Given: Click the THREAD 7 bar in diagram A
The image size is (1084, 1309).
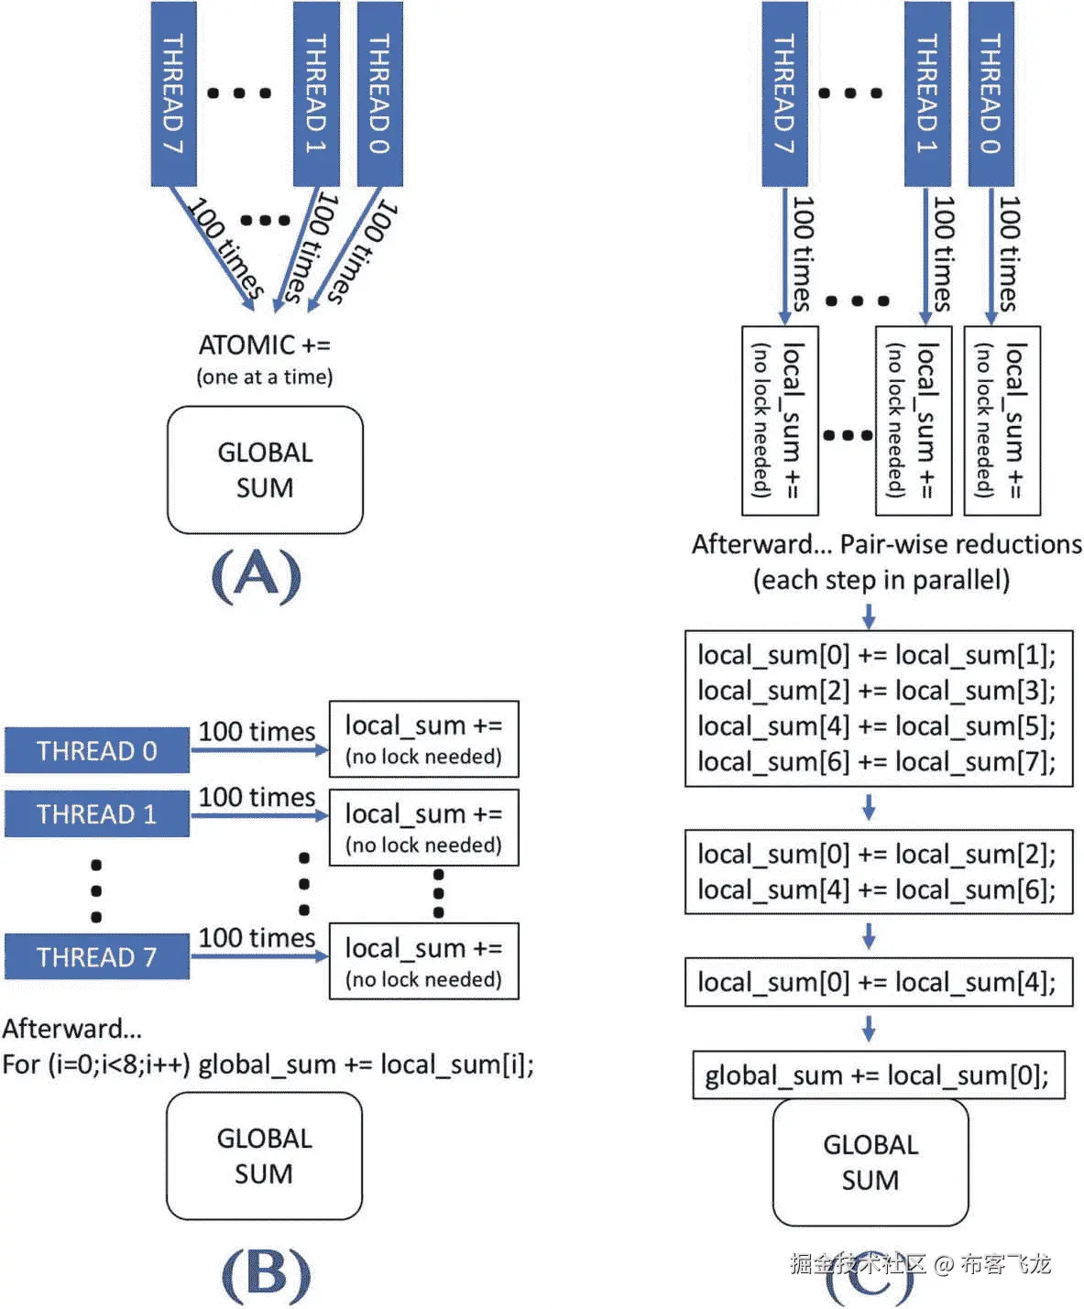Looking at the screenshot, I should tap(173, 93).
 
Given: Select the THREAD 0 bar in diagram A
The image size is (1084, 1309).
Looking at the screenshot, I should tap(379, 93).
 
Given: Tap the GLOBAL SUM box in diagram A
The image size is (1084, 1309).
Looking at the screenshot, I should tap(265, 470).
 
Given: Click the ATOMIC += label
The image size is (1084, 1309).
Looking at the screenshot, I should tap(265, 345).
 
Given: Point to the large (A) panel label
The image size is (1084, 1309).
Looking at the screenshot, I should tap(256, 576).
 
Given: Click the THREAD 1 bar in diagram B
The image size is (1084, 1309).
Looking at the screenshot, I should tap(97, 814).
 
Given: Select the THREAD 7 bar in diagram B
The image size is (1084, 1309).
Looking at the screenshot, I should tap(97, 957).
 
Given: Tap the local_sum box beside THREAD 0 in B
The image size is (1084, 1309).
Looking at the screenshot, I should tap(423, 739).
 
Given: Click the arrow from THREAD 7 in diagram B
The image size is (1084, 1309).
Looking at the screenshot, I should tap(259, 956).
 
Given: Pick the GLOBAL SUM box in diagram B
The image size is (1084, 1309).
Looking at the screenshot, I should tap(264, 1156).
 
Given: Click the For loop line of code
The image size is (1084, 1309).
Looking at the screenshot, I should tap(268, 1064).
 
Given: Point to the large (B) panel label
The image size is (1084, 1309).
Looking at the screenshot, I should tap(266, 1273).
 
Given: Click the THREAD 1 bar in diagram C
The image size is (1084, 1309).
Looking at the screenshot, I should tap(927, 93).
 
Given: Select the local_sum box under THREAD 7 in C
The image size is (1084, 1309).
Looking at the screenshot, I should tap(779, 420).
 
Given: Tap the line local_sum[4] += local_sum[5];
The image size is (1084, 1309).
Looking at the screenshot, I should tap(877, 726).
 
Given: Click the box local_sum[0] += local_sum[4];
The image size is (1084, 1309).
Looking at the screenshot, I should tap(878, 982).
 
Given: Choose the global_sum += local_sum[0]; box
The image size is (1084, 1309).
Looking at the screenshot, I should tap(878, 1074).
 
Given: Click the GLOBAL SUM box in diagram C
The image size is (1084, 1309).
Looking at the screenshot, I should tap(870, 1162).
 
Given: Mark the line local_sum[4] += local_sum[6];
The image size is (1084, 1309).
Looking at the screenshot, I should tap(877, 889).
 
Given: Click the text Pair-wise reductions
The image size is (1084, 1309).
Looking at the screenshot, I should tap(960, 544).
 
